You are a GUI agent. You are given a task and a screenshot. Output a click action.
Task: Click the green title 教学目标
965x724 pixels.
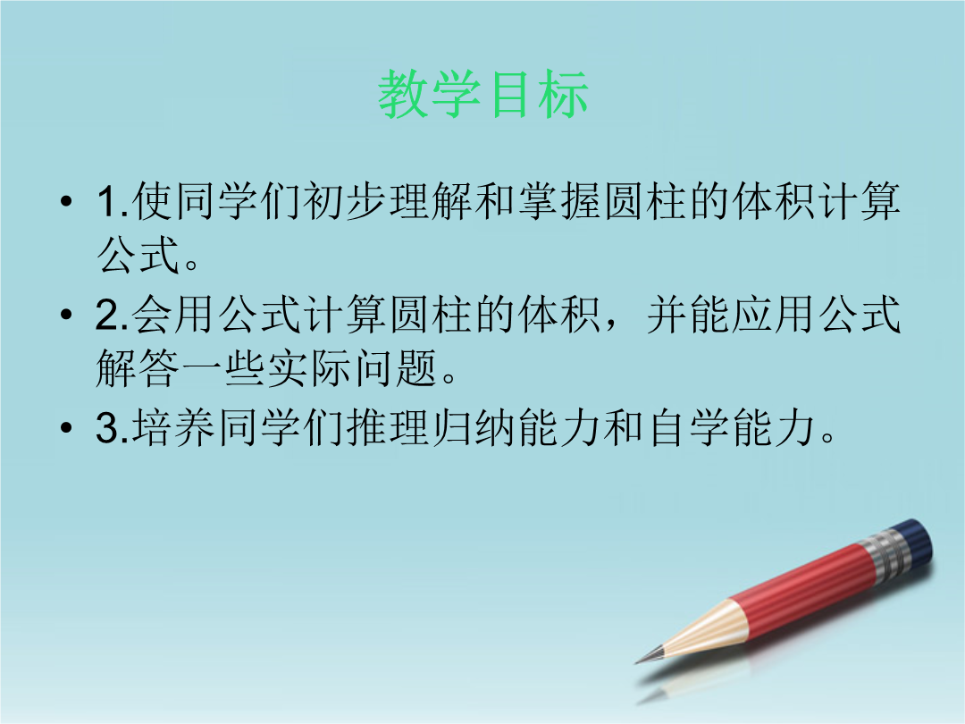(x=483, y=94)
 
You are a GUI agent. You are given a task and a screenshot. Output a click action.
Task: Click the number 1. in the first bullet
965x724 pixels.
(x=113, y=201)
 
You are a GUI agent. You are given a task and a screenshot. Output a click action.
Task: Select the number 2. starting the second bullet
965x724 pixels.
(x=112, y=314)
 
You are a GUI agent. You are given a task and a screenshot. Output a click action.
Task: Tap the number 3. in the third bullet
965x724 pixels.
(x=112, y=427)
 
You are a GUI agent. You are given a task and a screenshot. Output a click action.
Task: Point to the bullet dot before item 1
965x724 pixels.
(x=66, y=201)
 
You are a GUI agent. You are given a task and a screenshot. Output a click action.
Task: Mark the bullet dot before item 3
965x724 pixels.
(x=66, y=427)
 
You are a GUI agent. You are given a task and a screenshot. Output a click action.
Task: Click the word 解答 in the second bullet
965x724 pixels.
(x=138, y=368)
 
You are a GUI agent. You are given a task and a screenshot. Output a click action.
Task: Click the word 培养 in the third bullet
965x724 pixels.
(x=173, y=427)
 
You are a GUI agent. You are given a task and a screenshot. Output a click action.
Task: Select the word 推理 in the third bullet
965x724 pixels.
(x=388, y=427)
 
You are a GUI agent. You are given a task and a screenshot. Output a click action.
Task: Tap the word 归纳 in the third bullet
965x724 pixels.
(x=474, y=427)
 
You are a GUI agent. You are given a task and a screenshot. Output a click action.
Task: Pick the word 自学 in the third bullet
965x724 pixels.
(x=688, y=427)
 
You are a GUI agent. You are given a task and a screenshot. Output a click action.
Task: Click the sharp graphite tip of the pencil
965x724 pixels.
(x=639, y=661)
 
